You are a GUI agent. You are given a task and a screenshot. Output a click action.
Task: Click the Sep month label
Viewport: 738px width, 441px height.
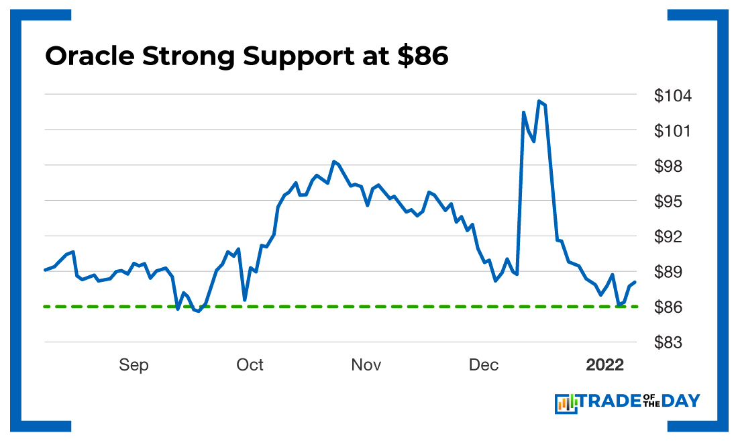[134, 365]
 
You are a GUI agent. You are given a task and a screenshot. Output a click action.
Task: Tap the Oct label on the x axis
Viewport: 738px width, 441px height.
[250, 365]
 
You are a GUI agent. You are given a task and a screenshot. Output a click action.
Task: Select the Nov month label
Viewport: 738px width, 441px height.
[366, 365]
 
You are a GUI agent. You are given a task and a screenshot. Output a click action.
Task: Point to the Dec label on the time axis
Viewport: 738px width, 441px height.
[483, 365]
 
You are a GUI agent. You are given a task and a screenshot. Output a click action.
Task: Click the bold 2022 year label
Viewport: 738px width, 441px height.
[604, 365]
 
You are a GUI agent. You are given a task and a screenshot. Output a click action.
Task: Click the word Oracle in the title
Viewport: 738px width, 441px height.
[89, 56]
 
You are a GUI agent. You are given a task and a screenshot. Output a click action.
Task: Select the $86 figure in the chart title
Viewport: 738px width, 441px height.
[422, 56]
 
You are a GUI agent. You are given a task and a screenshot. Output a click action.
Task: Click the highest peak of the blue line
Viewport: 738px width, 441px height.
[539, 101]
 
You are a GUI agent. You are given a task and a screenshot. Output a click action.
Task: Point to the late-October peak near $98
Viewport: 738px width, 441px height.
[333, 162]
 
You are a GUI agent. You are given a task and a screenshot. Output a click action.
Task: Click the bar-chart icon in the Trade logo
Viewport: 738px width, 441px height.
[566, 403]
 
